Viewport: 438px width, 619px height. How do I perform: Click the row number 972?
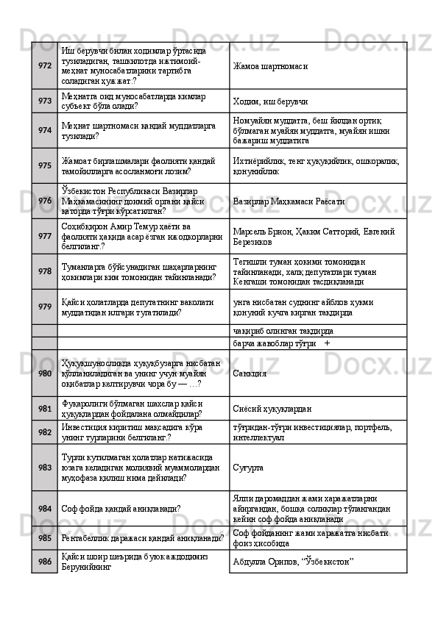45,65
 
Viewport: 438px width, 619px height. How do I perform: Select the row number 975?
45,165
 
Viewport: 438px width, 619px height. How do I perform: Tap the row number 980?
45,373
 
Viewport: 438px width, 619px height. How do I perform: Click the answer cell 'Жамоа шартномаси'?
269,66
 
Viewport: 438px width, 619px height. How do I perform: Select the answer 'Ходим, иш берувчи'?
270,101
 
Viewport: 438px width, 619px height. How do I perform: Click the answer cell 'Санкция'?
250,373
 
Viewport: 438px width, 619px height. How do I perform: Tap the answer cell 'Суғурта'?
248,466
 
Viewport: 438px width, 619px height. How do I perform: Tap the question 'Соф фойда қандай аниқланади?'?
122,508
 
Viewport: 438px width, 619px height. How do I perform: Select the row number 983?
45,466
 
